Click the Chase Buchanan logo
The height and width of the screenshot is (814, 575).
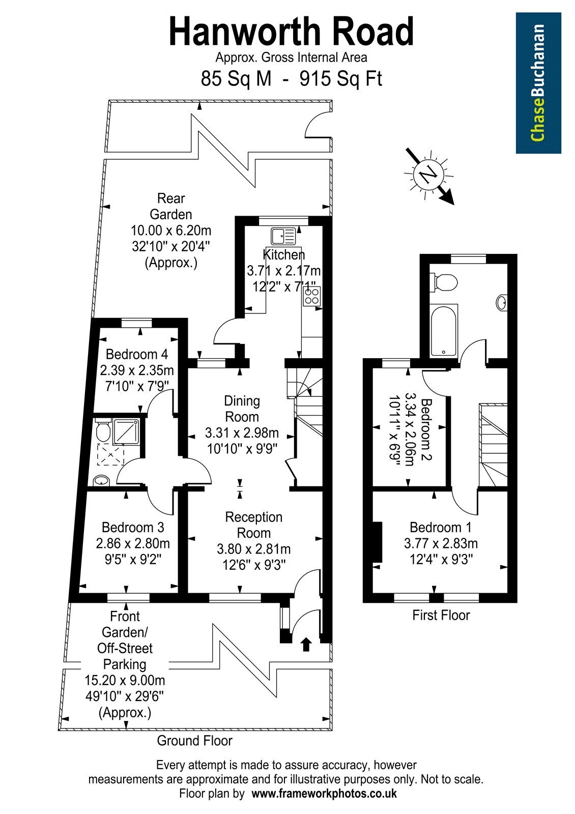[x=538, y=83]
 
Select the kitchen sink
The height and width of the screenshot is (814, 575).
[x=283, y=236]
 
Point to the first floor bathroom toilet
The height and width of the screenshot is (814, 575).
[x=443, y=282]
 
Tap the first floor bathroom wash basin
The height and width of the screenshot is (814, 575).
[x=502, y=302]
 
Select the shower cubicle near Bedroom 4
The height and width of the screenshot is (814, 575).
[x=126, y=431]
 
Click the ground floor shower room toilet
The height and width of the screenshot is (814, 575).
[x=102, y=430]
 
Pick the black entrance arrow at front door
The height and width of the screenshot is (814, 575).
[x=306, y=644]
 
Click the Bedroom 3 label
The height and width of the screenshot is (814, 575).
[x=133, y=527]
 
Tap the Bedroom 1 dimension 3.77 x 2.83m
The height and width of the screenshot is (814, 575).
[x=441, y=543]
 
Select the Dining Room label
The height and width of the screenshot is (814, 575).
[x=242, y=409]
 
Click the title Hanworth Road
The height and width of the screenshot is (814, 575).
[x=291, y=32]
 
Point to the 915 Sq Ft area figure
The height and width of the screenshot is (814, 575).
[x=340, y=78]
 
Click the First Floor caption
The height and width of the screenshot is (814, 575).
[x=441, y=615]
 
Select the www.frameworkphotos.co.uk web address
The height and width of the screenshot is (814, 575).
[x=324, y=793]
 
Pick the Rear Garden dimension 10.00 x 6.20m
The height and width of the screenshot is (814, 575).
[x=171, y=230]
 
